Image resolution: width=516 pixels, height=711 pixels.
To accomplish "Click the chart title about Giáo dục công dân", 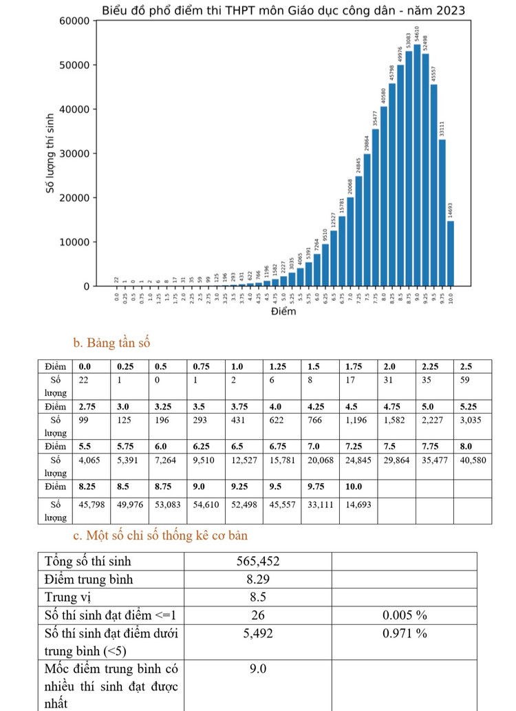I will (x=283, y=11).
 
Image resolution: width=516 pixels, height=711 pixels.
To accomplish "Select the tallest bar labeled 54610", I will (x=417, y=165).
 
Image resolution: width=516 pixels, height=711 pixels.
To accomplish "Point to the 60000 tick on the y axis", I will (x=76, y=21).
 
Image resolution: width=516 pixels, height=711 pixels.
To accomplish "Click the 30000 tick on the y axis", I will (x=76, y=153).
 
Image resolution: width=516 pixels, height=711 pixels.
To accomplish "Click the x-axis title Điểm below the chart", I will (x=283, y=312).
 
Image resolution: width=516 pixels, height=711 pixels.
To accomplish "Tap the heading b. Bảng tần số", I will (x=111, y=342).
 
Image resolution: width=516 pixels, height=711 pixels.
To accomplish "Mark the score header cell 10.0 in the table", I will (x=355, y=485).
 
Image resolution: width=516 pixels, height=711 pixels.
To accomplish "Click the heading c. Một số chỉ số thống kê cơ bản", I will (x=160, y=535).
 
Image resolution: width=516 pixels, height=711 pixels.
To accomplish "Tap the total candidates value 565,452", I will (x=257, y=561).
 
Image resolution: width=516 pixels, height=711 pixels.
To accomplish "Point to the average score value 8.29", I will (x=257, y=579).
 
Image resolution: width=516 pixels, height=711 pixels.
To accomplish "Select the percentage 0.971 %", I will (x=405, y=633).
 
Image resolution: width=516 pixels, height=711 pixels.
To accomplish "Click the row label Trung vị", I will (x=72, y=596).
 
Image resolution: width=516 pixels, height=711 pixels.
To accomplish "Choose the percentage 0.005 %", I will (x=405, y=614).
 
